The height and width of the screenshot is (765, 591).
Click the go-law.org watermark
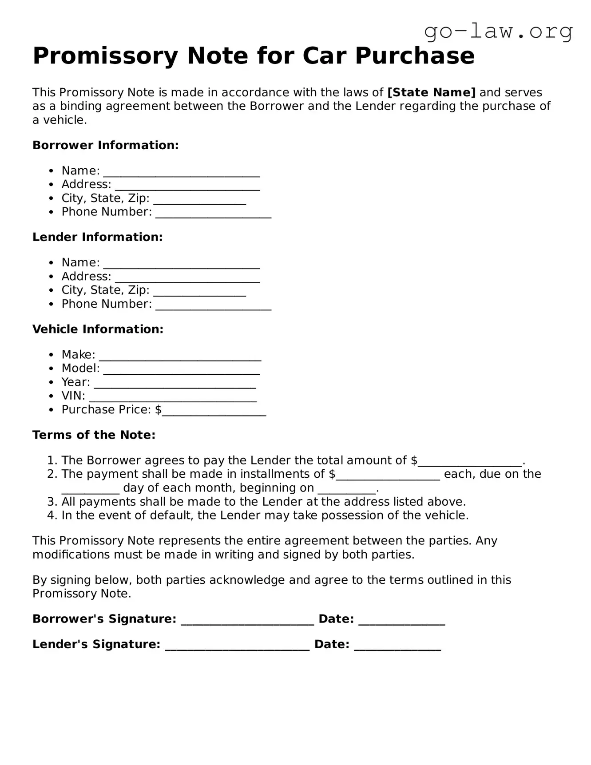pyautogui.click(x=498, y=32)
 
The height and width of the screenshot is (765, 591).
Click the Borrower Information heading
pyautogui.click(x=106, y=145)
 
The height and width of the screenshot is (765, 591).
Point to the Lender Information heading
pyautogui.click(x=98, y=237)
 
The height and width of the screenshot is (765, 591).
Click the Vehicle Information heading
pyautogui.click(x=98, y=329)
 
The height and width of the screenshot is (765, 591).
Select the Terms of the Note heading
pyautogui.click(x=94, y=435)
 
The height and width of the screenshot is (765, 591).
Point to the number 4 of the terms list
pyautogui.click(x=51, y=515)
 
